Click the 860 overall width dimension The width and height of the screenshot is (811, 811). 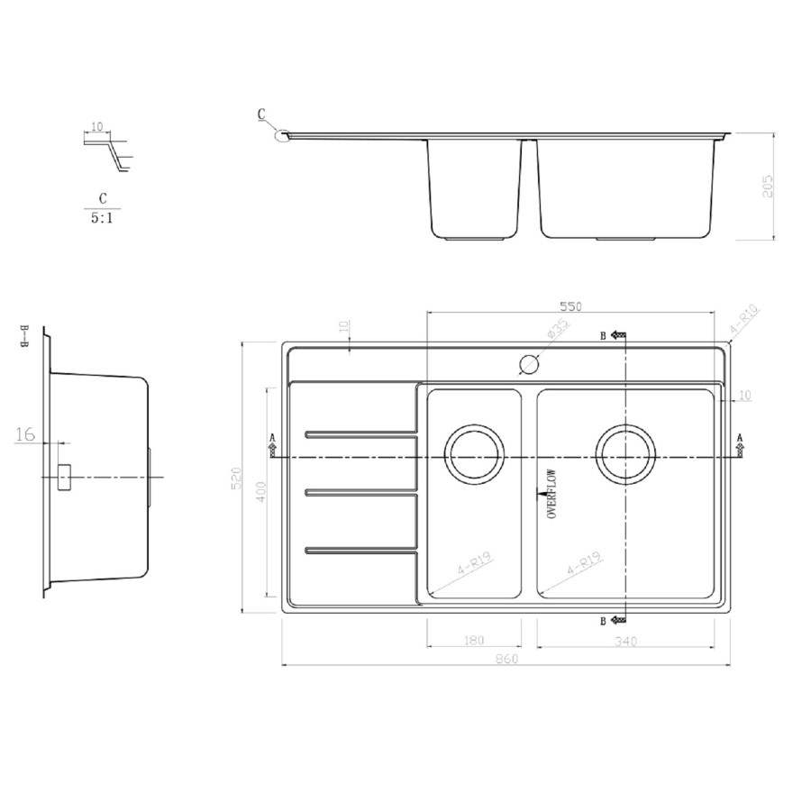(506, 660)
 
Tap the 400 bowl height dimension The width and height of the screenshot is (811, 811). (261, 492)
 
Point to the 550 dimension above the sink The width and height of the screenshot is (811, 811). (570, 306)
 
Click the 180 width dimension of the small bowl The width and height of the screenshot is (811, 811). (474, 641)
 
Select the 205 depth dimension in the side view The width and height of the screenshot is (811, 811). (768, 186)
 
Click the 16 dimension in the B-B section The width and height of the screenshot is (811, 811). (25, 435)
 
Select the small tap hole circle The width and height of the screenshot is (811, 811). (528, 365)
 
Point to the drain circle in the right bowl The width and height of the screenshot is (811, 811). (625, 452)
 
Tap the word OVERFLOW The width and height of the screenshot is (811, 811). (551, 493)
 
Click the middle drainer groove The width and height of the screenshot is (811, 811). (360, 492)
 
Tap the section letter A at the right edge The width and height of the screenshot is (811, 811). (740, 438)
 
